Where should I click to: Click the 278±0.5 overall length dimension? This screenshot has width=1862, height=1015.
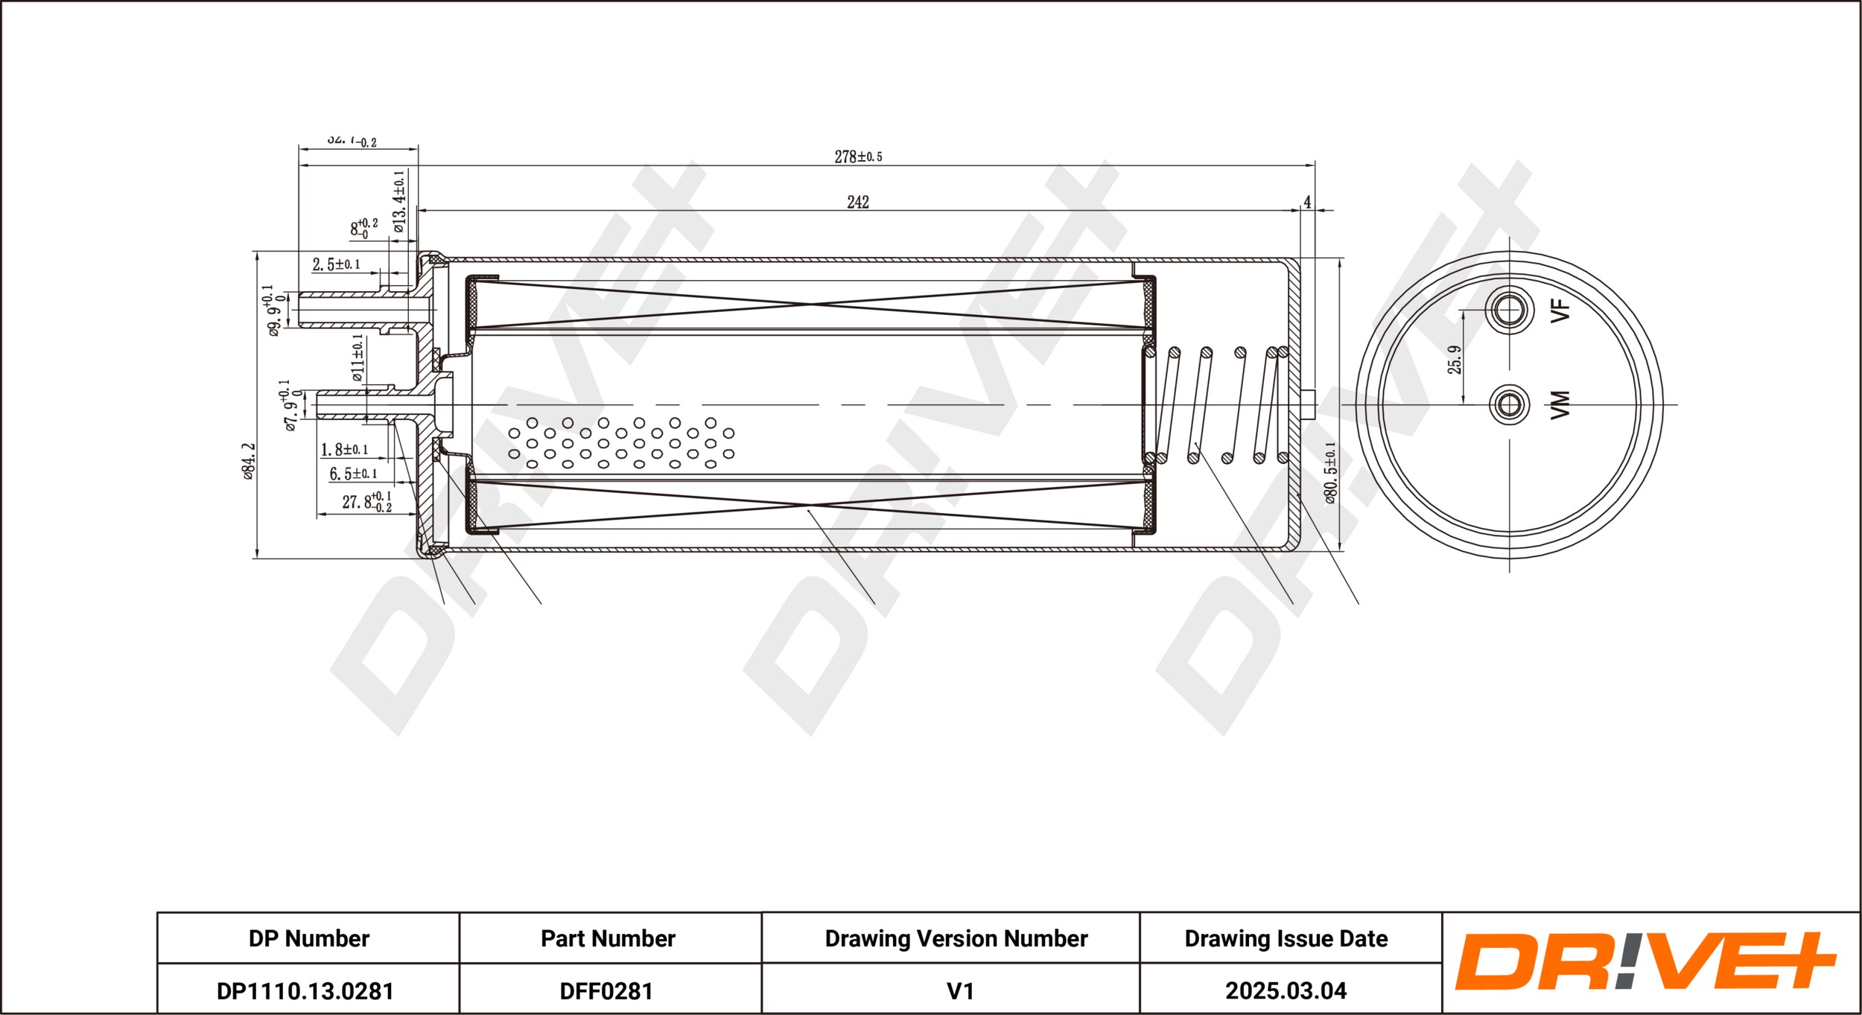point(858,156)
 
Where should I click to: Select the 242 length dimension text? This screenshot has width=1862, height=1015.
point(858,202)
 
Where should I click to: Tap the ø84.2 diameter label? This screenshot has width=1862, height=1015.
point(249,461)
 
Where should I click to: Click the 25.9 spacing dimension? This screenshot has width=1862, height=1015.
point(1454,359)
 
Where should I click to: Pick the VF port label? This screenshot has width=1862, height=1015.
point(1560,310)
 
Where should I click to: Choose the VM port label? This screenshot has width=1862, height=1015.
point(1560,404)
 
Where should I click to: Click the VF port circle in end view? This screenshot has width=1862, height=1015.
point(1509,310)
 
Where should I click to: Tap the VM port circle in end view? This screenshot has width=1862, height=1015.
point(1509,404)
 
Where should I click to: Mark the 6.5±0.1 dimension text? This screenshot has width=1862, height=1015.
point(353,474)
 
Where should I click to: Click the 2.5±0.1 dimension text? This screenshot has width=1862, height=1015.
point(336,264)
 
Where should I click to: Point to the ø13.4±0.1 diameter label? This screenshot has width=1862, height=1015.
point(399,201)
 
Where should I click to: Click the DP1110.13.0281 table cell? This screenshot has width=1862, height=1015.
point(305,990)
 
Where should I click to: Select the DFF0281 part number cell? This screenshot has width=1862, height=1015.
point(606,990)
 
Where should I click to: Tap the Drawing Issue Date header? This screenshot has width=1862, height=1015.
point(1286,938)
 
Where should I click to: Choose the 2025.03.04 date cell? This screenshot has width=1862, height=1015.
point(1286,990)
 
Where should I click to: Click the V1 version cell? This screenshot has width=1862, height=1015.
point(959,990)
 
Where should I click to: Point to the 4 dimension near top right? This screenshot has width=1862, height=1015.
point(1307,202)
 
